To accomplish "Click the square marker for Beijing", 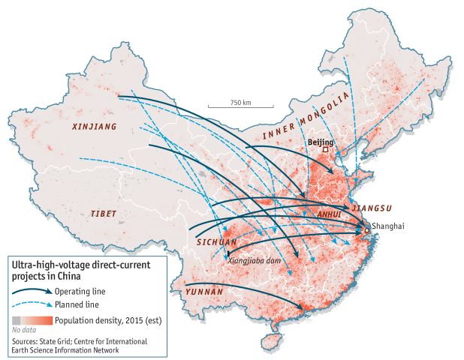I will [326, 150].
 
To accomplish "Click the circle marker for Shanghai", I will [366, 232].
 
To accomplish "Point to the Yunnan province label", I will [204, 291].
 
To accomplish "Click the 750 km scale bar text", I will [240, 102].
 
